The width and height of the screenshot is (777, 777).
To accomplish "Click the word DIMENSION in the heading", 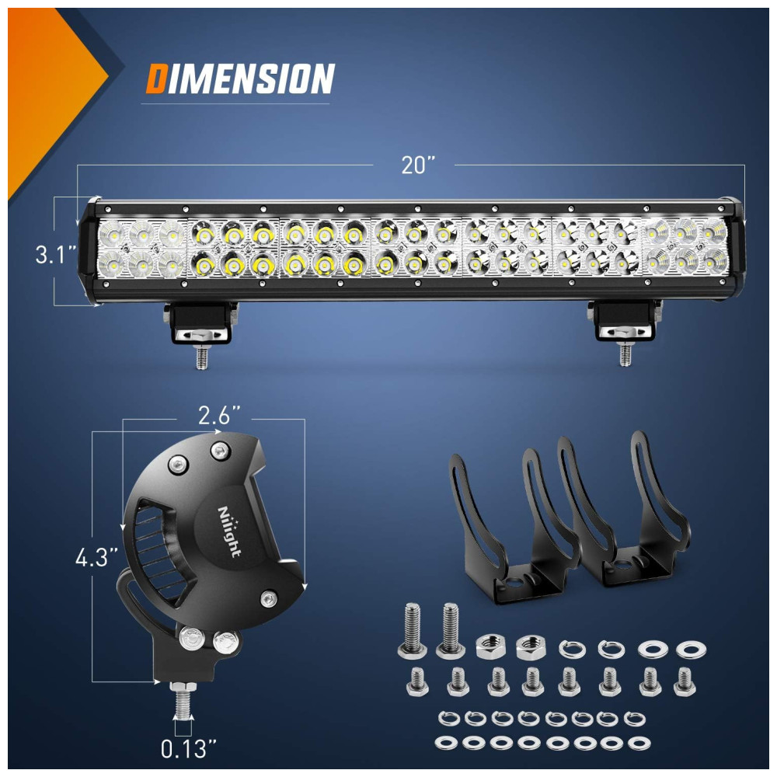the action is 240,78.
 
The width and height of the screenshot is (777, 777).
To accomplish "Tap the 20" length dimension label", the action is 418,165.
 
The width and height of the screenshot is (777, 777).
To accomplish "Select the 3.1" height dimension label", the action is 55,255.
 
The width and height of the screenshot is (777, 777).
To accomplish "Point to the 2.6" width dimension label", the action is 219,415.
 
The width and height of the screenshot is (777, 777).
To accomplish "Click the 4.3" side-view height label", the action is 97,557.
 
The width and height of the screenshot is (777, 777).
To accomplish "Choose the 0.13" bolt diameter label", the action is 189,749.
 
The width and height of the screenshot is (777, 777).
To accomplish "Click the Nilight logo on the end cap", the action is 229,531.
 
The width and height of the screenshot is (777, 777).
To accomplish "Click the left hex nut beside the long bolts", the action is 490,647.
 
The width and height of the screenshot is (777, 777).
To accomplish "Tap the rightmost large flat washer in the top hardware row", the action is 692,649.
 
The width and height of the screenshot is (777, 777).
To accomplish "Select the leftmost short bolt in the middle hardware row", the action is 416,682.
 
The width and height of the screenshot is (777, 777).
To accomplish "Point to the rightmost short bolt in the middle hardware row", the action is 685,681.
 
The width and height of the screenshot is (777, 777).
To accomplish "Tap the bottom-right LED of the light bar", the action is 714,260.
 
